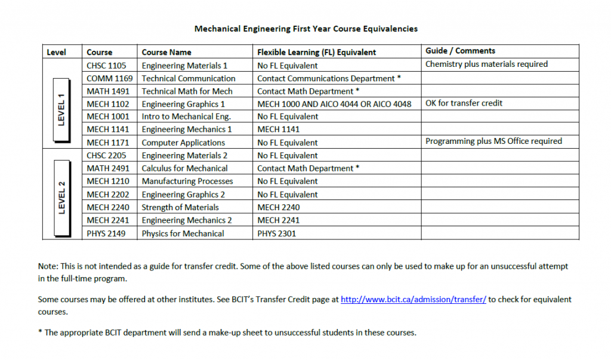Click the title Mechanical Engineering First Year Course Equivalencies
point(305,28)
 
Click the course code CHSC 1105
point(106,66)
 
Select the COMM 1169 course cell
point(110,78)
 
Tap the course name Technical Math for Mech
point(187,91)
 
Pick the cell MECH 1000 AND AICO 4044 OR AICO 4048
point(334,104)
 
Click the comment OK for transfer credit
point(464,103)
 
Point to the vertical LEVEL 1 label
point(61,110)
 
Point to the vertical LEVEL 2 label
point(61,194)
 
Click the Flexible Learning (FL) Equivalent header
point(316,52)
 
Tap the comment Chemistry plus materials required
point(486,64)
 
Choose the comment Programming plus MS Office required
point(493,141)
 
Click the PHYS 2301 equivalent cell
point(276,233)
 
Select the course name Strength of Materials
point(180,207)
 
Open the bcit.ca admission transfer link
point(413,300)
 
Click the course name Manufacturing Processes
point(187,181)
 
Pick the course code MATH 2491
point(108,168)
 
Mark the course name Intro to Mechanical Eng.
point(186,116)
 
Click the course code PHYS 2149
point(106,233)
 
